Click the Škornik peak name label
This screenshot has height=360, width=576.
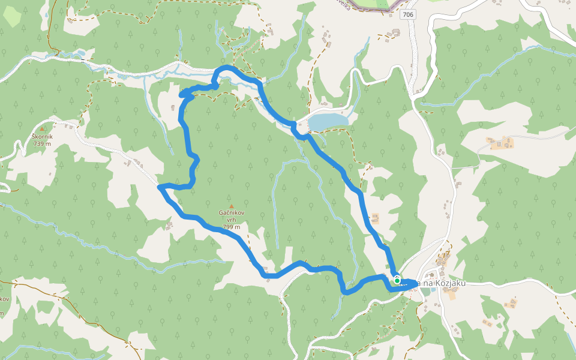pos(42,136)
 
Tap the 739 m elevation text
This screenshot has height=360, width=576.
pos(42,143)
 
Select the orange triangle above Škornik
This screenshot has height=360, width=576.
pos(42,128)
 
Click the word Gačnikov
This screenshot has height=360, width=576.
pos(231,214)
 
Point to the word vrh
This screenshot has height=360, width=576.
pos(231,220)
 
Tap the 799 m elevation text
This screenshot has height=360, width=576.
pos(231,227)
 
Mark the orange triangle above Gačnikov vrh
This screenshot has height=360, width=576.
pos(231,206)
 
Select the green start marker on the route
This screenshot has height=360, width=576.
pos(397,280)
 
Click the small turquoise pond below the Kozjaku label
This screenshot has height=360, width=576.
pos(425,290)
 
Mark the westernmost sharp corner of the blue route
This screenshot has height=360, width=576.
pos(160,188)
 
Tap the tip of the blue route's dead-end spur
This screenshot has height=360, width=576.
pos(182,95)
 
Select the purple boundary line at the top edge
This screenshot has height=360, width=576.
pos(372,7)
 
